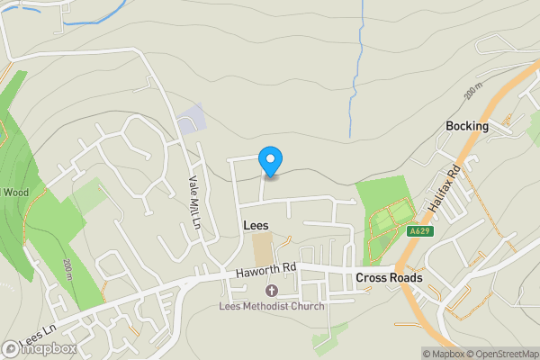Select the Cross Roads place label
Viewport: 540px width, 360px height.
click(x=389, y=278)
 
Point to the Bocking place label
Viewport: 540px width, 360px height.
click(x=467, y=126)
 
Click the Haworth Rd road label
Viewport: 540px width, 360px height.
click(x=265, y=268)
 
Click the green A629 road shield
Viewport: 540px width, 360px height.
click(x=417, y=231)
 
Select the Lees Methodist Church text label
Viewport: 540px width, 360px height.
click(x=272, y=306)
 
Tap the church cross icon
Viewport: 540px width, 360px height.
click(x=272, y=290)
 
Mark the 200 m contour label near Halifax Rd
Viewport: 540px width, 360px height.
click(x=474, y=93)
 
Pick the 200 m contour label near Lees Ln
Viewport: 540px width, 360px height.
click(x=68, y=267)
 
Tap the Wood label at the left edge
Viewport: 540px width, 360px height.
click(x=15, y=192)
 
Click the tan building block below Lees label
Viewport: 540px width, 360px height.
click(x=263, y=249)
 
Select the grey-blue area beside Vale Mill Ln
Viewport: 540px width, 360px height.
click(x=192, y=121)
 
